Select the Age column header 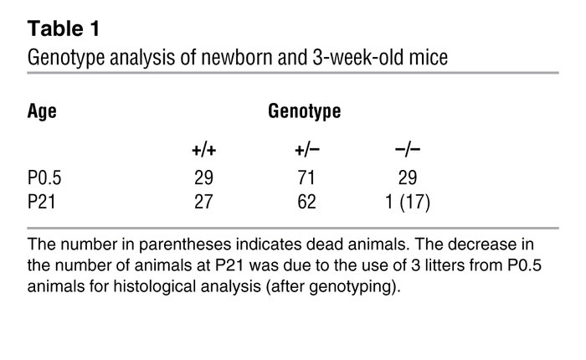coord(41,111)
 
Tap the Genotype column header coord(305,111)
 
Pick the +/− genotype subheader coord(304,151)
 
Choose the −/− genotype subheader coord(407,151)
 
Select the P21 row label coord(40,201)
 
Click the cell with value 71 coord(304,178)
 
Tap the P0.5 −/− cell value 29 coord(407,178)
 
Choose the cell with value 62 coord(304,201)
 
